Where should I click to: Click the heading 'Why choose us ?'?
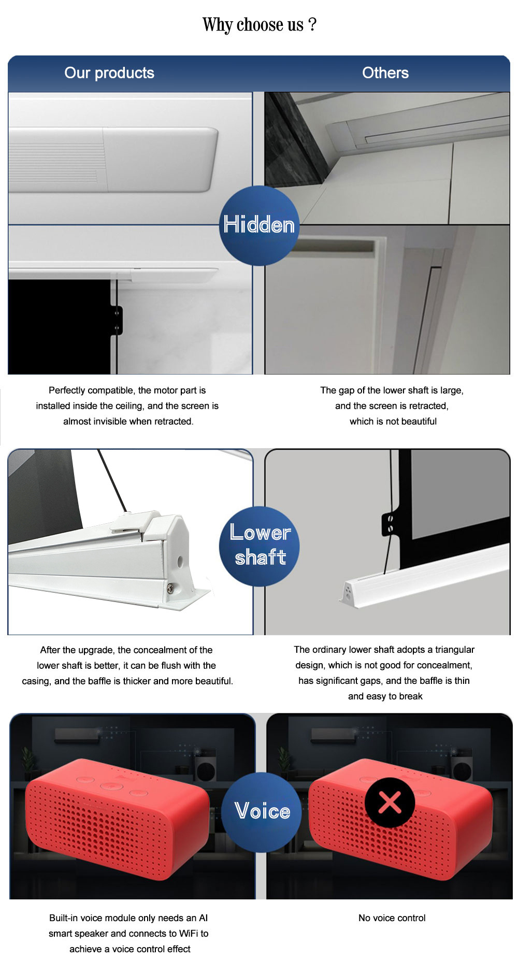coord(260,25)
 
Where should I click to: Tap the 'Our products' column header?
coord(109,73)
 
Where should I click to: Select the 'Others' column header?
coord(385,73)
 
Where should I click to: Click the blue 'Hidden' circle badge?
coord(259,225)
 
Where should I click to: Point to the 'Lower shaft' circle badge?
coord(260,546)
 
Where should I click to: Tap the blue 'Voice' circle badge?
coord(262,812)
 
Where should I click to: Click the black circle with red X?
coord(390,803)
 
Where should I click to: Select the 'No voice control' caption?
coord(392,918)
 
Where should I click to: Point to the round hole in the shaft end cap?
coord(180,561)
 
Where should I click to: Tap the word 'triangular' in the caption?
coord(455,650)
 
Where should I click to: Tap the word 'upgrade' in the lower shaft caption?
coord(95,650)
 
